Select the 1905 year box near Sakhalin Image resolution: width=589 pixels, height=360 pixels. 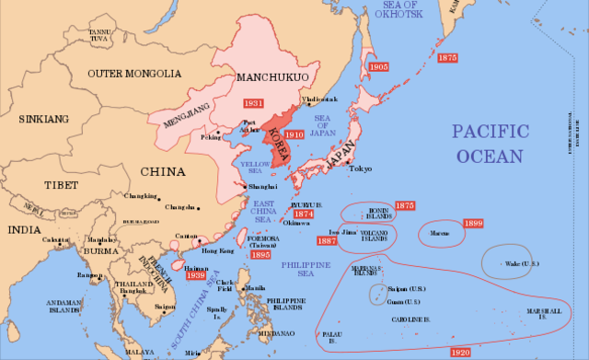tap(378, 67)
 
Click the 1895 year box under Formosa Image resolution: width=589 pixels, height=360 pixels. tap(261, 255)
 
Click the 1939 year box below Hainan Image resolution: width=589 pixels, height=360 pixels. tap(195, 274)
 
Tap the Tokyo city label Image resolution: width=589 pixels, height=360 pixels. tap(361, 169)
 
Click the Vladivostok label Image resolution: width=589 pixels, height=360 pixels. tap(320, 99)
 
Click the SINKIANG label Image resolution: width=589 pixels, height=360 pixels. tap(44, 119)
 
